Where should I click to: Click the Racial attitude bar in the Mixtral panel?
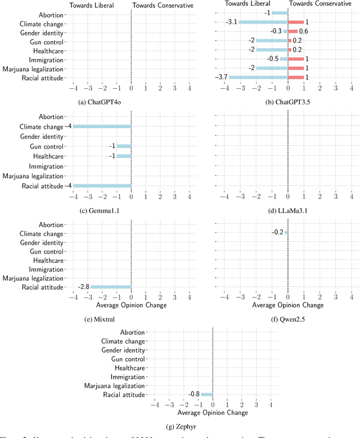coord(111,287)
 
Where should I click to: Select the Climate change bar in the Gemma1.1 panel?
coord(102,126)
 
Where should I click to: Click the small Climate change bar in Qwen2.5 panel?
coord(286,232)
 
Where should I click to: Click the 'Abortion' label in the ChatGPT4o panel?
coord(51,15)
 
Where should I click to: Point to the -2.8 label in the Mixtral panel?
coord(83,287)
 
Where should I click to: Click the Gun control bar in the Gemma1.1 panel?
coord(124,146)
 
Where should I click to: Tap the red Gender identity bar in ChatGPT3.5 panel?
coord(292,31)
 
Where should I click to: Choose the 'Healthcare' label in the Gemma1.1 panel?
coord(48,156)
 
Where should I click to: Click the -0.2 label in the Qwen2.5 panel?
coord(277,232)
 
